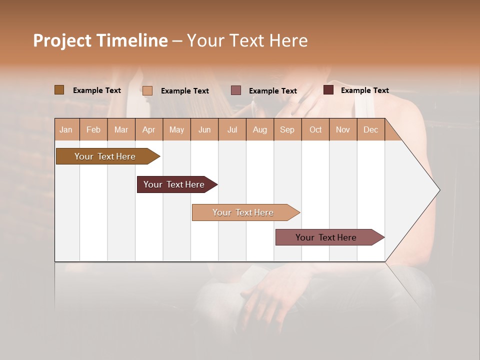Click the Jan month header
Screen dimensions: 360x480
pyautogui.click(x=66, y=129)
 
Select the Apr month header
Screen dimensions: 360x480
pyautogui.click(x=148, y=129)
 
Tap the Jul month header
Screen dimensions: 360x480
pyautogui.click(x=232, y=129)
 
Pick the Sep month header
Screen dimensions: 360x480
pyautogui.click(x=287, y=129)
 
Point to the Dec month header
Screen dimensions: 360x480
pyautogui.click(x=370, y=129)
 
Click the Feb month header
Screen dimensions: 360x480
pyautogui.click(x=93, y=129)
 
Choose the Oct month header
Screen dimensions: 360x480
pyautogui.click(x=315, y=129)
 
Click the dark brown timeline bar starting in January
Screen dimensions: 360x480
pyautogui.click(x=105, y=156)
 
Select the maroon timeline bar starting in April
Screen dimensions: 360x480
pyautogui.click(x=174, y=184)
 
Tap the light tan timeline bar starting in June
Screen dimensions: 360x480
pyautogui.click(x=243, y=212)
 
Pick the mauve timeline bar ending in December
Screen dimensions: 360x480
pyautogui.click(x=326, y=237)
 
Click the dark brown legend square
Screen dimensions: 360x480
pyautogui.click(x=59, y=90)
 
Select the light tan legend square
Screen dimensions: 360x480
pyautogui.click(x=147, y=90)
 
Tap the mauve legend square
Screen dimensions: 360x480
pyautogui.click(x=236, y=90)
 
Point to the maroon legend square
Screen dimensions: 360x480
pyautogui.click(x=328, y=90)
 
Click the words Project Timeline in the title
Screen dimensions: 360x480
pyautogui.click(x=100, y=40)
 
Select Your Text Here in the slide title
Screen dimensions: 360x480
pyautogui.click(x=247, y=40)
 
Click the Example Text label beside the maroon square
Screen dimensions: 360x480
pyautogui.click(x=364, y=90)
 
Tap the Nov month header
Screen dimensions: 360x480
pyautogui.click(x=342, y=129)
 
